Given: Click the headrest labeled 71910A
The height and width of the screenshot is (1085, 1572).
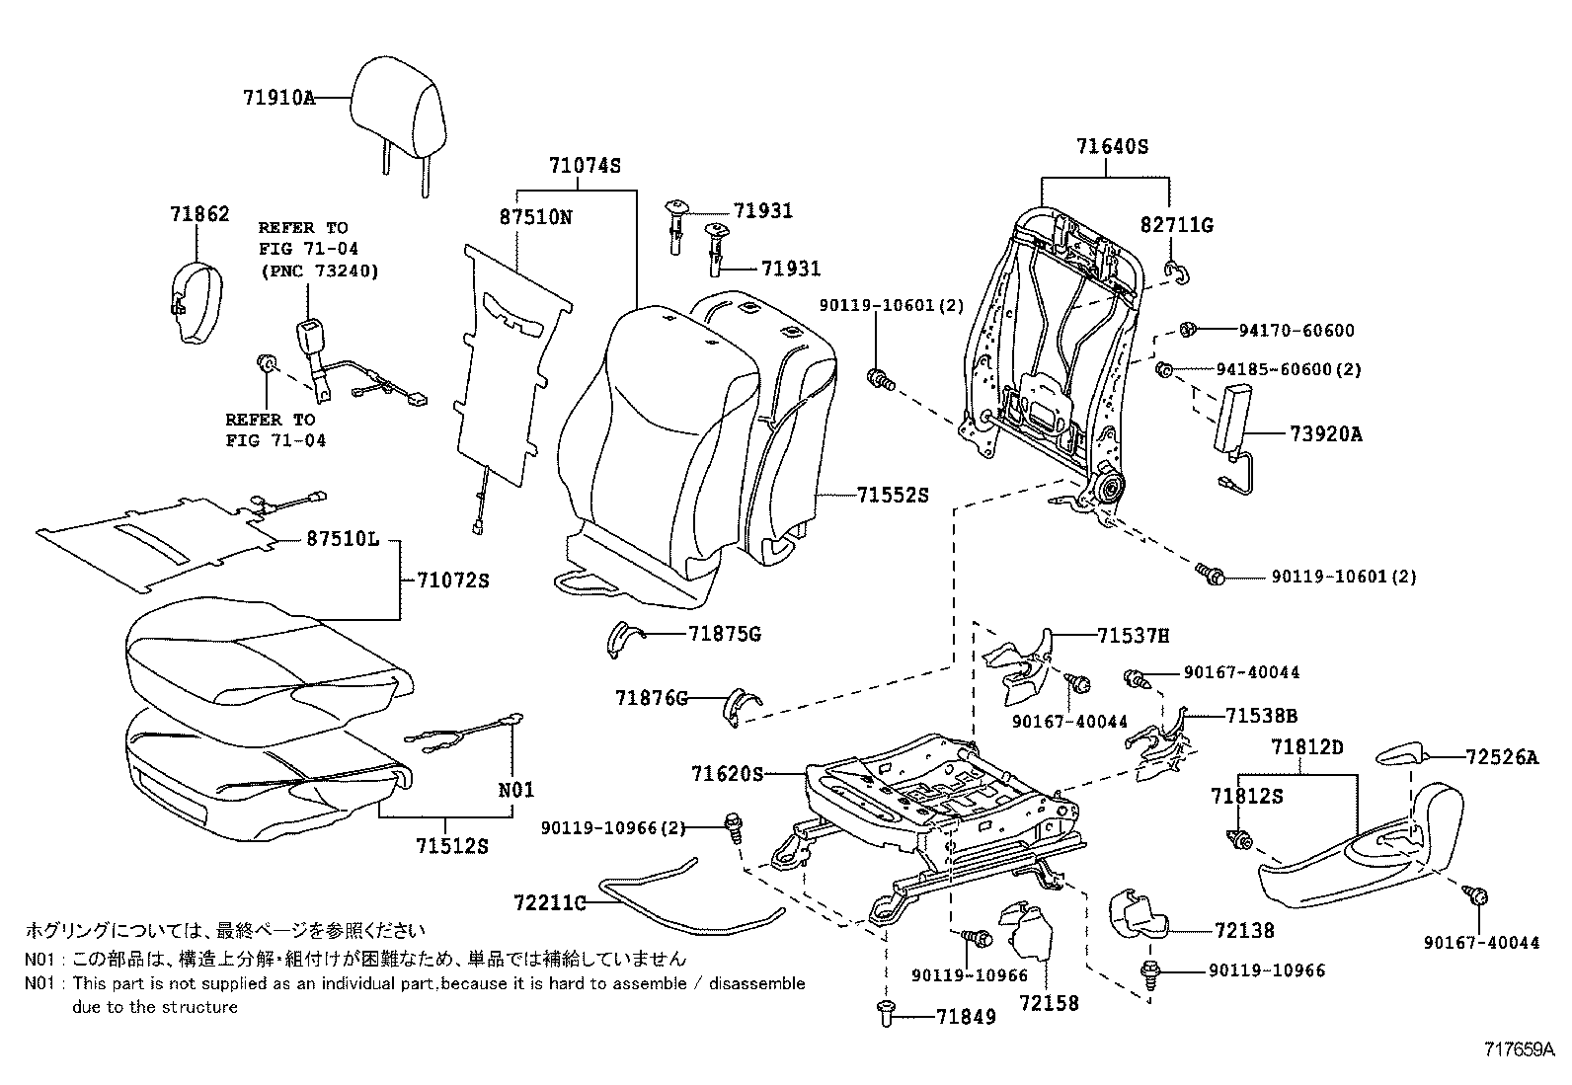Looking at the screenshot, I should tap(397, 114).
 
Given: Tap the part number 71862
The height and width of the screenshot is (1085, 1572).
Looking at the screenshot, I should tap(199, 214).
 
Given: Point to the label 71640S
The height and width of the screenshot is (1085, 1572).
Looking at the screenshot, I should tap(1112, 147).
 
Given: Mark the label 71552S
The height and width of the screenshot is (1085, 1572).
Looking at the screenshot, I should tap(893, 495).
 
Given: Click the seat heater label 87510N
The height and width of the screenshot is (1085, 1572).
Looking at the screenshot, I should tap(535, 217).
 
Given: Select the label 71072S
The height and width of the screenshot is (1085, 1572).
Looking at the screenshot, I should tap(452, 581).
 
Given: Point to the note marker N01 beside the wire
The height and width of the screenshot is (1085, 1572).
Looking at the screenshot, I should tap(515, 789).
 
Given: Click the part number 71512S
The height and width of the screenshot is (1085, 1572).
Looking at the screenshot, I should tap(452, 846).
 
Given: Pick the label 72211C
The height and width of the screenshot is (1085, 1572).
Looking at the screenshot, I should tap(549, 901).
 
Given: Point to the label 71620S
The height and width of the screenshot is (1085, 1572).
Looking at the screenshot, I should tap(727, 774).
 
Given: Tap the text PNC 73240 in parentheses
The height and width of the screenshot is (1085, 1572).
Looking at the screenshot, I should tap(318, 270).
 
